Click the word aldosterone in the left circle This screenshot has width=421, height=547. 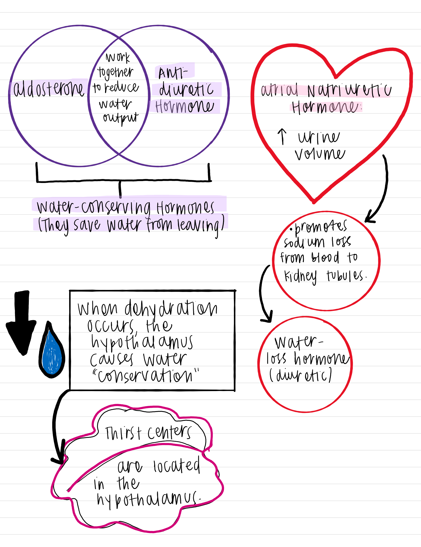point(49,89)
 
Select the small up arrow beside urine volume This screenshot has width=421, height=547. point(282,137)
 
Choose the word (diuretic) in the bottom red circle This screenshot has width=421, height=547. point(301,375)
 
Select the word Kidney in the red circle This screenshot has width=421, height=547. point(300,276)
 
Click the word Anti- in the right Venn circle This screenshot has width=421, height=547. point(173,73)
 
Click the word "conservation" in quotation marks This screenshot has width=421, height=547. point(145,376)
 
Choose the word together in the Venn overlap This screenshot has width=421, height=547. point(115,73)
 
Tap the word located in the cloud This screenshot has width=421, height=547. point(177,465)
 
